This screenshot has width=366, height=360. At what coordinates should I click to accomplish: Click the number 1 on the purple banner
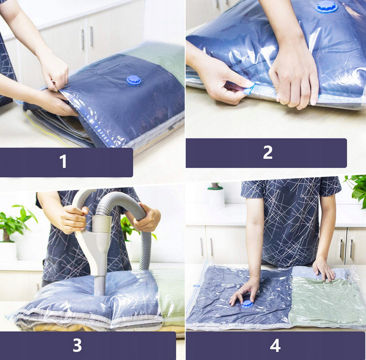tap(63, 161)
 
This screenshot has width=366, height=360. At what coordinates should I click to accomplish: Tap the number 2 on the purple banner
tap(268, 152)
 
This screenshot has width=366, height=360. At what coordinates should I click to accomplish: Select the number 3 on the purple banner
tap(77, 345)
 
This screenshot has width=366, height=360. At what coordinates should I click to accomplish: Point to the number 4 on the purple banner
tap(275, 345)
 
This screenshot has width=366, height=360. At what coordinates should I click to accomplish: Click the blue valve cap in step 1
tap(134, 80)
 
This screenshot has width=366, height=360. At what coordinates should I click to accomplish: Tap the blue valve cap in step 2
tap(327, 7)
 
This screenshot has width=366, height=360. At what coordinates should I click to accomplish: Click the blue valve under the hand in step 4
tap(247, 304)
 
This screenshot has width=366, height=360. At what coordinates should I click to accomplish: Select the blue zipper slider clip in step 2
tap(249, 89)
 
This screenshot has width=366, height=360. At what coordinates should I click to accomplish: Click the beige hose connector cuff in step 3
tap(102, 224)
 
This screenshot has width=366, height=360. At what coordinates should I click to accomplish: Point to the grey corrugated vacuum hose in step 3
tap(131, 210)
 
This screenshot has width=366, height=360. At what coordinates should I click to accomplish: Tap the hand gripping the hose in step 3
tap(146, 217)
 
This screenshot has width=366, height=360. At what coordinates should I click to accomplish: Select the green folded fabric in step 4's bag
tap(325, 301)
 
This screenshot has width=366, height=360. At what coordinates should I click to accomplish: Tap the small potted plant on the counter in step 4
tap(216, 195)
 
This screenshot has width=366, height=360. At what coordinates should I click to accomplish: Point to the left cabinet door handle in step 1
tap(82, 39)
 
